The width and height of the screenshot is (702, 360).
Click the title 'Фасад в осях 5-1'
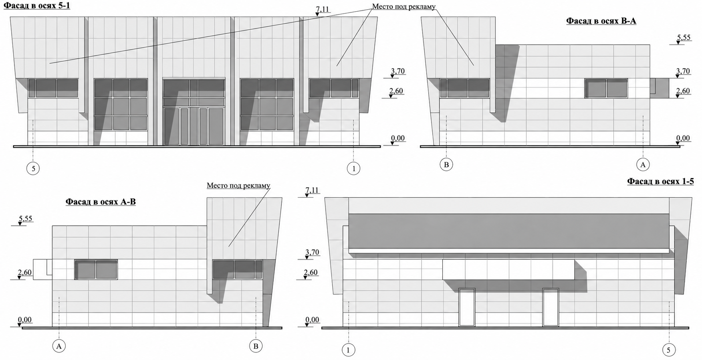click(x=37, y=6)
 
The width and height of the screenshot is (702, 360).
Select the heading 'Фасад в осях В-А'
click(x=601, y=21)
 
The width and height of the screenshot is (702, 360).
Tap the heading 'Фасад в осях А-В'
click(x=101, y=202)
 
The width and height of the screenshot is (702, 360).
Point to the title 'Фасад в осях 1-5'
click(x=660, y=181)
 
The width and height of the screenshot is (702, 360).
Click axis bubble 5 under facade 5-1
click(x=33, y=168)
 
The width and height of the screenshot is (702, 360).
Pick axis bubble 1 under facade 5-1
click(x=354, y=168)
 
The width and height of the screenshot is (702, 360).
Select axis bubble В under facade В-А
click(x=446, y=164)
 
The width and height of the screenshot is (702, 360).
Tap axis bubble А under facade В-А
click(x=643, y=164)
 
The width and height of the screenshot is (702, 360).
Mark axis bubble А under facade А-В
click(x=59, y=346)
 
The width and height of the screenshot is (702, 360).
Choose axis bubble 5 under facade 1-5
click(x=668, y=350)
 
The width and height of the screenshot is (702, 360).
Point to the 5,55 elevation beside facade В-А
click(x=684, y=39)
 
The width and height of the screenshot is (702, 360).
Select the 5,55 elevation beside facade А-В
click(x=25, y=220)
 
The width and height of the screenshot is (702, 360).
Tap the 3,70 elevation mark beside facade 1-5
click(x=312, y=254)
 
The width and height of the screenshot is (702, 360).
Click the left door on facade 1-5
click(x=467, y=307)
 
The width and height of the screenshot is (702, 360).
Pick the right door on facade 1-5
click(x=551, y=307)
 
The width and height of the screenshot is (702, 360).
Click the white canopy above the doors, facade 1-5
click(x=508, y=269)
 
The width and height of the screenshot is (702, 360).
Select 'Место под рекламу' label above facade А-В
click(x=238, y=186)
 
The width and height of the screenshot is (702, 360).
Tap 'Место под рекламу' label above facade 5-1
click(x=404, y=7)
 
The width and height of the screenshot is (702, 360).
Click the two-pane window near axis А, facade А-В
click(x=96, y=269)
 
